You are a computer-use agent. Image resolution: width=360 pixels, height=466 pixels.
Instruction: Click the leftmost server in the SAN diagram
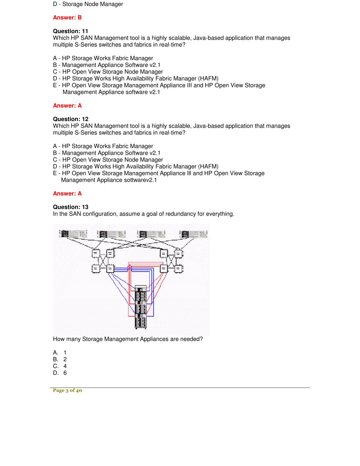click(x=73, y=234)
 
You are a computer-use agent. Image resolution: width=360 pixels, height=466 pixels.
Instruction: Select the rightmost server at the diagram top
click(x=193, y=234)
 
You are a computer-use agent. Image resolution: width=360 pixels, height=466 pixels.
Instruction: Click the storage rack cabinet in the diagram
click(x=141, y=306)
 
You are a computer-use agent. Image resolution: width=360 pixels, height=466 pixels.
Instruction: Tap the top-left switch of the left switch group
click(x=95, y=253)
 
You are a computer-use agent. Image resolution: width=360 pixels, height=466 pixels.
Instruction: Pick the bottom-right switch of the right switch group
click(x=178, y=269)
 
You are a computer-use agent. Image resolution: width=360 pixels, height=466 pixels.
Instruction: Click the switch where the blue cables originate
click(x=110, y=269)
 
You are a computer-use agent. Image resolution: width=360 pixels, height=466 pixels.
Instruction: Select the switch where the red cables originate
click(x=163, y=269)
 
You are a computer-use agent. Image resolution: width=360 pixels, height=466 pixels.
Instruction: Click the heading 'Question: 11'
click(x=70, y=31)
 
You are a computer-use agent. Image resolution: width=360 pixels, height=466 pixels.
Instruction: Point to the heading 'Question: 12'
click(x=70, y=119)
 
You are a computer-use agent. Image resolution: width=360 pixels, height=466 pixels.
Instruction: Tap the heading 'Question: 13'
click(x=70, y=207)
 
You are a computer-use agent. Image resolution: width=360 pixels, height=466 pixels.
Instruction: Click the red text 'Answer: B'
click(x=67, y=18)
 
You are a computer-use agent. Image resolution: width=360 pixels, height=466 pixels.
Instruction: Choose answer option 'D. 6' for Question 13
click(x=60, y=373)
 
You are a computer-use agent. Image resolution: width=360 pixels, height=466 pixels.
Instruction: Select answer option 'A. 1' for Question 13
click(x=60, y=352)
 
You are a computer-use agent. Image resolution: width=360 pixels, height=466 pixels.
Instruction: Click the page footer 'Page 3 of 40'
click(x=67, y=390)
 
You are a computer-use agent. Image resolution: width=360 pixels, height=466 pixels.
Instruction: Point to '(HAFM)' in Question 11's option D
click(x=208, y=78)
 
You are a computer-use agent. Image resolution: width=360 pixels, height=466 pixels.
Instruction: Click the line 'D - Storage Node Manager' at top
click(x=88, y=4)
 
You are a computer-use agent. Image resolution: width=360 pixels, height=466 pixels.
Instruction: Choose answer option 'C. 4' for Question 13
click(x=60, y=366)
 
